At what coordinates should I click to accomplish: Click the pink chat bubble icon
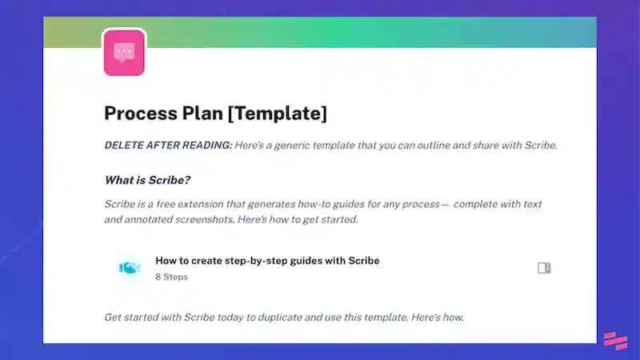[x=124, y=52]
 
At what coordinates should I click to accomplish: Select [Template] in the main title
[x=277, y=114]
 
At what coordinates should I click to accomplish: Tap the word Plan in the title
[x=203, y=114]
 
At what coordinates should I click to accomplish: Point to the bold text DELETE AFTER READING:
[x=168, y=146]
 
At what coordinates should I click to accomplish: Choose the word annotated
[x=147, y=219]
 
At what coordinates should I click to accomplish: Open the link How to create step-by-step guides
[x=266, y=261]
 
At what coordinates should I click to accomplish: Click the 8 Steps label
[x=171, y=277]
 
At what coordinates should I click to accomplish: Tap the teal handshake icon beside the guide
[x=130, y=268]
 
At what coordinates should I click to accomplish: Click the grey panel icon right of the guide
[x=544, y=268]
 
